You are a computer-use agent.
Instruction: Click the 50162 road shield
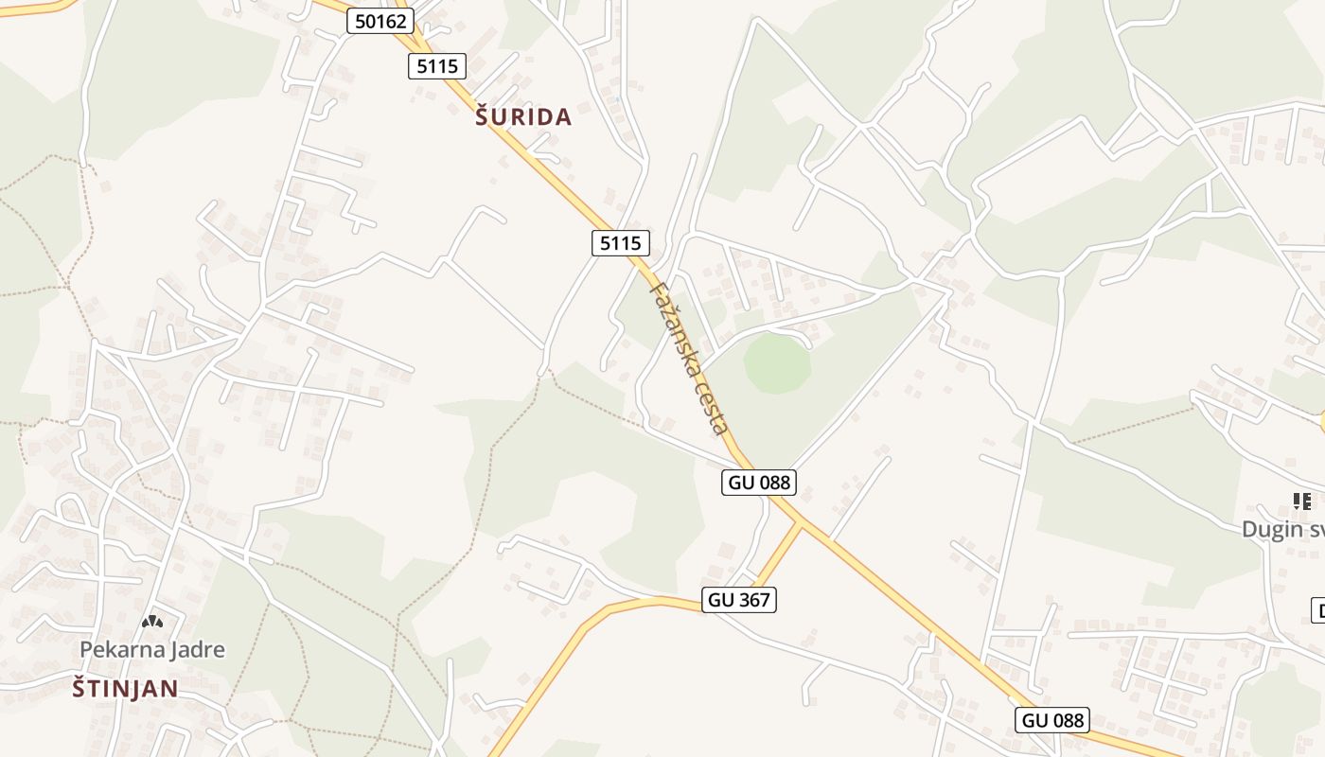[x=380, y=21]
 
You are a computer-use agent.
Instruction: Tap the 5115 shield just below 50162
[x=437, y=65]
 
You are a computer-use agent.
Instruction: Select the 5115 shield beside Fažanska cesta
[x=621, y=243]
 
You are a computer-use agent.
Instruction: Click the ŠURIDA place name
[x=523, y=117]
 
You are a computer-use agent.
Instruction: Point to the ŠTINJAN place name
[x=126, y=689]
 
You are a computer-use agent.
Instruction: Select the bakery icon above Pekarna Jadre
[x=152, y=622]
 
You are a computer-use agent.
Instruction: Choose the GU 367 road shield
[x=739, y=599]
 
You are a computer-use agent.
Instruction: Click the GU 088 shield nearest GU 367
[x=759, y=483]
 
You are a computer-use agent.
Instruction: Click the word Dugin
[x=1272, y=529]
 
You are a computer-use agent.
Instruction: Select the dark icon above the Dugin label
[x=1301, y=502]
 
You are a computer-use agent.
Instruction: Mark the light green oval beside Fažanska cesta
[x=777, y=363]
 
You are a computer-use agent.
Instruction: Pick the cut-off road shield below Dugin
[x=1318, y=610]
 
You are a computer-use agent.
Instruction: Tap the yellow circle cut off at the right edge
[x=1322, y=422]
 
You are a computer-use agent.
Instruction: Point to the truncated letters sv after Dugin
[x=1316, y=529]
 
